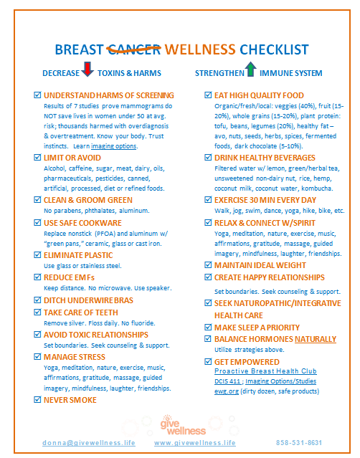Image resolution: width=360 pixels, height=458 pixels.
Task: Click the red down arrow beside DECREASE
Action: point(87,70)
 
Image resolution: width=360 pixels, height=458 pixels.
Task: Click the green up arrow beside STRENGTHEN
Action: point(250,70)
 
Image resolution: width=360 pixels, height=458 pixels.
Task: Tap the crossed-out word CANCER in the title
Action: point(134,49)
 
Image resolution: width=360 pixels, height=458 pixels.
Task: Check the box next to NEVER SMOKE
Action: point(38,400)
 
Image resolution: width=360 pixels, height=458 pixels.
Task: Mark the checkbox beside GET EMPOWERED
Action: point(208,362)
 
